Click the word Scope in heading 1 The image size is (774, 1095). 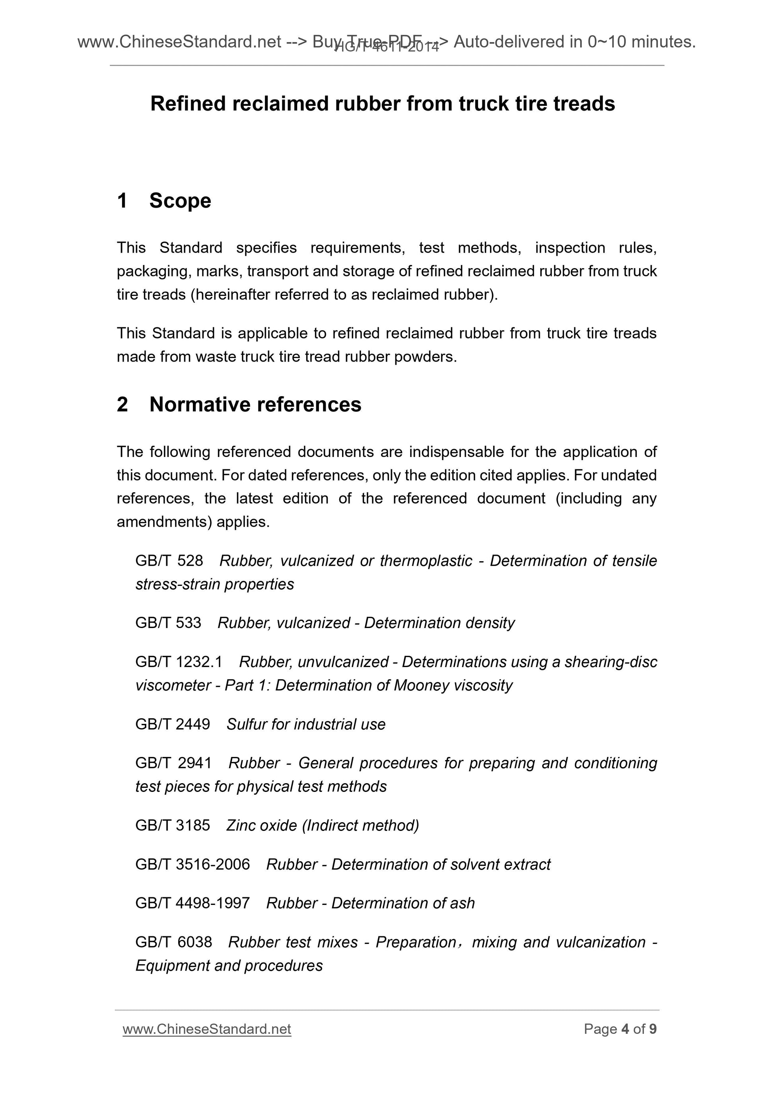tap(180, 200)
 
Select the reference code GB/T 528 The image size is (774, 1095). tap(169, 560)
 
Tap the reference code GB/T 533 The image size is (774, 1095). tap(168, 623)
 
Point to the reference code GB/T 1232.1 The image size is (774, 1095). tap(179, 662)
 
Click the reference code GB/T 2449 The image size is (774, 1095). tap(173, 724)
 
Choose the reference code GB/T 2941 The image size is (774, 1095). tap(173, 763)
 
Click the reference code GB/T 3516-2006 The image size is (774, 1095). tap(193, 864)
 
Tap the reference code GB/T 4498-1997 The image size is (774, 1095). tap(193, 903)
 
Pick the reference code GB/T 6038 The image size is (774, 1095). tap(173, 942)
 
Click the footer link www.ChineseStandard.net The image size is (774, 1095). tap(207, 1029)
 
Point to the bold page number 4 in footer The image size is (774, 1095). tap(625, 1029)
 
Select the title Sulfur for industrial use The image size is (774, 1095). tap(306, 724)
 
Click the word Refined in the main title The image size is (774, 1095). tap(188, 103)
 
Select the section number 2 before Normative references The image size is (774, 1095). tap(123, 405)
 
